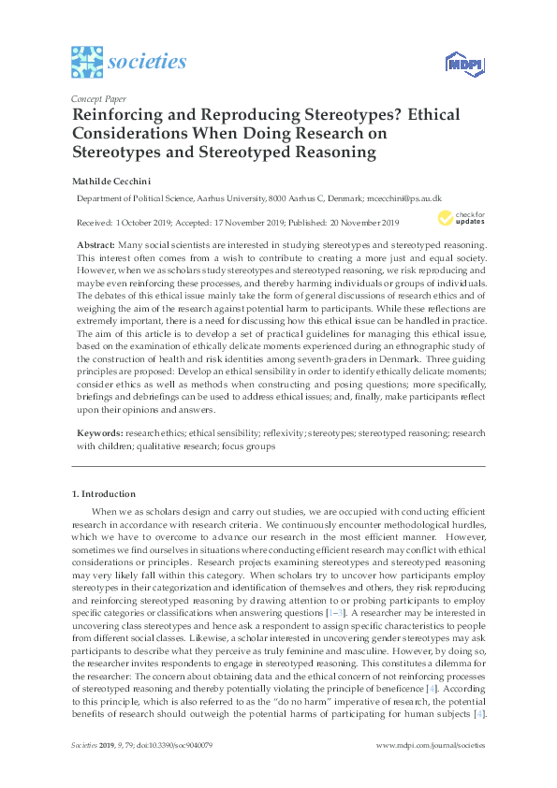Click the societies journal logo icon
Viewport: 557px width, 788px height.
86,62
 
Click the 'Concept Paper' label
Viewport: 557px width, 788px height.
97,97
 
